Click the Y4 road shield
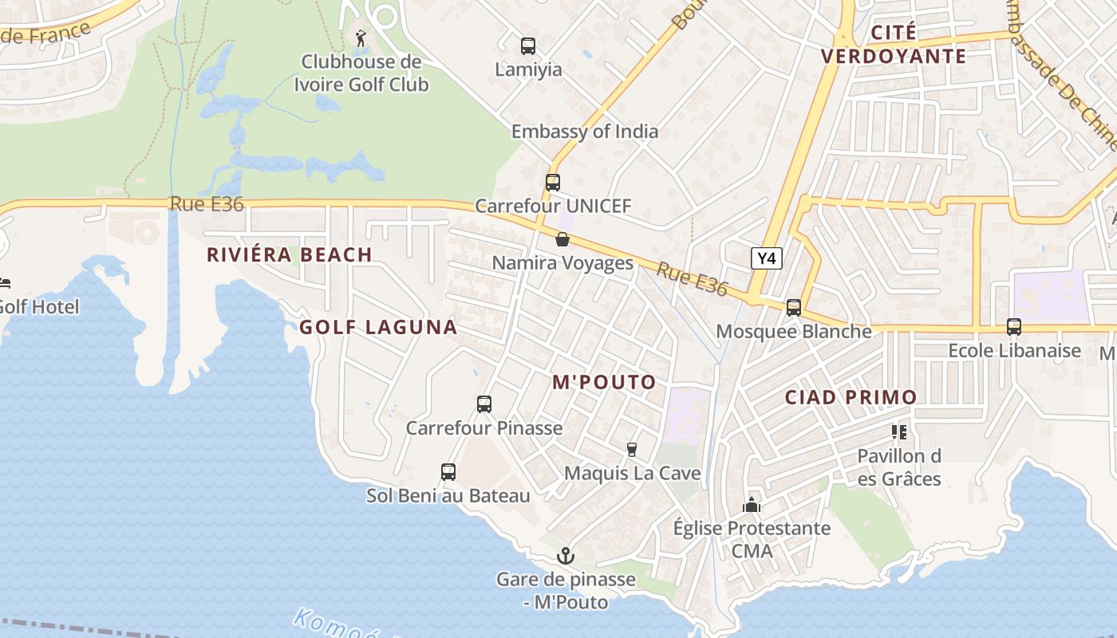pos(767,258)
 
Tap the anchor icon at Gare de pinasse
pos(566,556)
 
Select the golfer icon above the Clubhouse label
pos(361,37)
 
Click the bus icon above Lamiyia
pos(528,46)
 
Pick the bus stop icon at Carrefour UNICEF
pos(553,183)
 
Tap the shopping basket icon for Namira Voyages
pos(562,239)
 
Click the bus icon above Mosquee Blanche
pos(794,308)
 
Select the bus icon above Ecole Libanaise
pos(1014,327)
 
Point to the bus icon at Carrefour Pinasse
pos(484,404)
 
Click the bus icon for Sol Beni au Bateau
pos(448,472)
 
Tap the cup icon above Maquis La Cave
pos(632,450)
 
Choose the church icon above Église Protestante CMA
pos(752,505)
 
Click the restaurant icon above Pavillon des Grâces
pos(899,432)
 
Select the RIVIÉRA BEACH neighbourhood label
pos(290,255)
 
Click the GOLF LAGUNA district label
pos(378,327)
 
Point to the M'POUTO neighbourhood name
pos(604,382)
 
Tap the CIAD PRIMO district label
pos(851,397)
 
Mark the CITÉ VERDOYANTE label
pos(894,45)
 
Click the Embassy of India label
pos(585,132)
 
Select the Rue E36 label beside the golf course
pos(207,204)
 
